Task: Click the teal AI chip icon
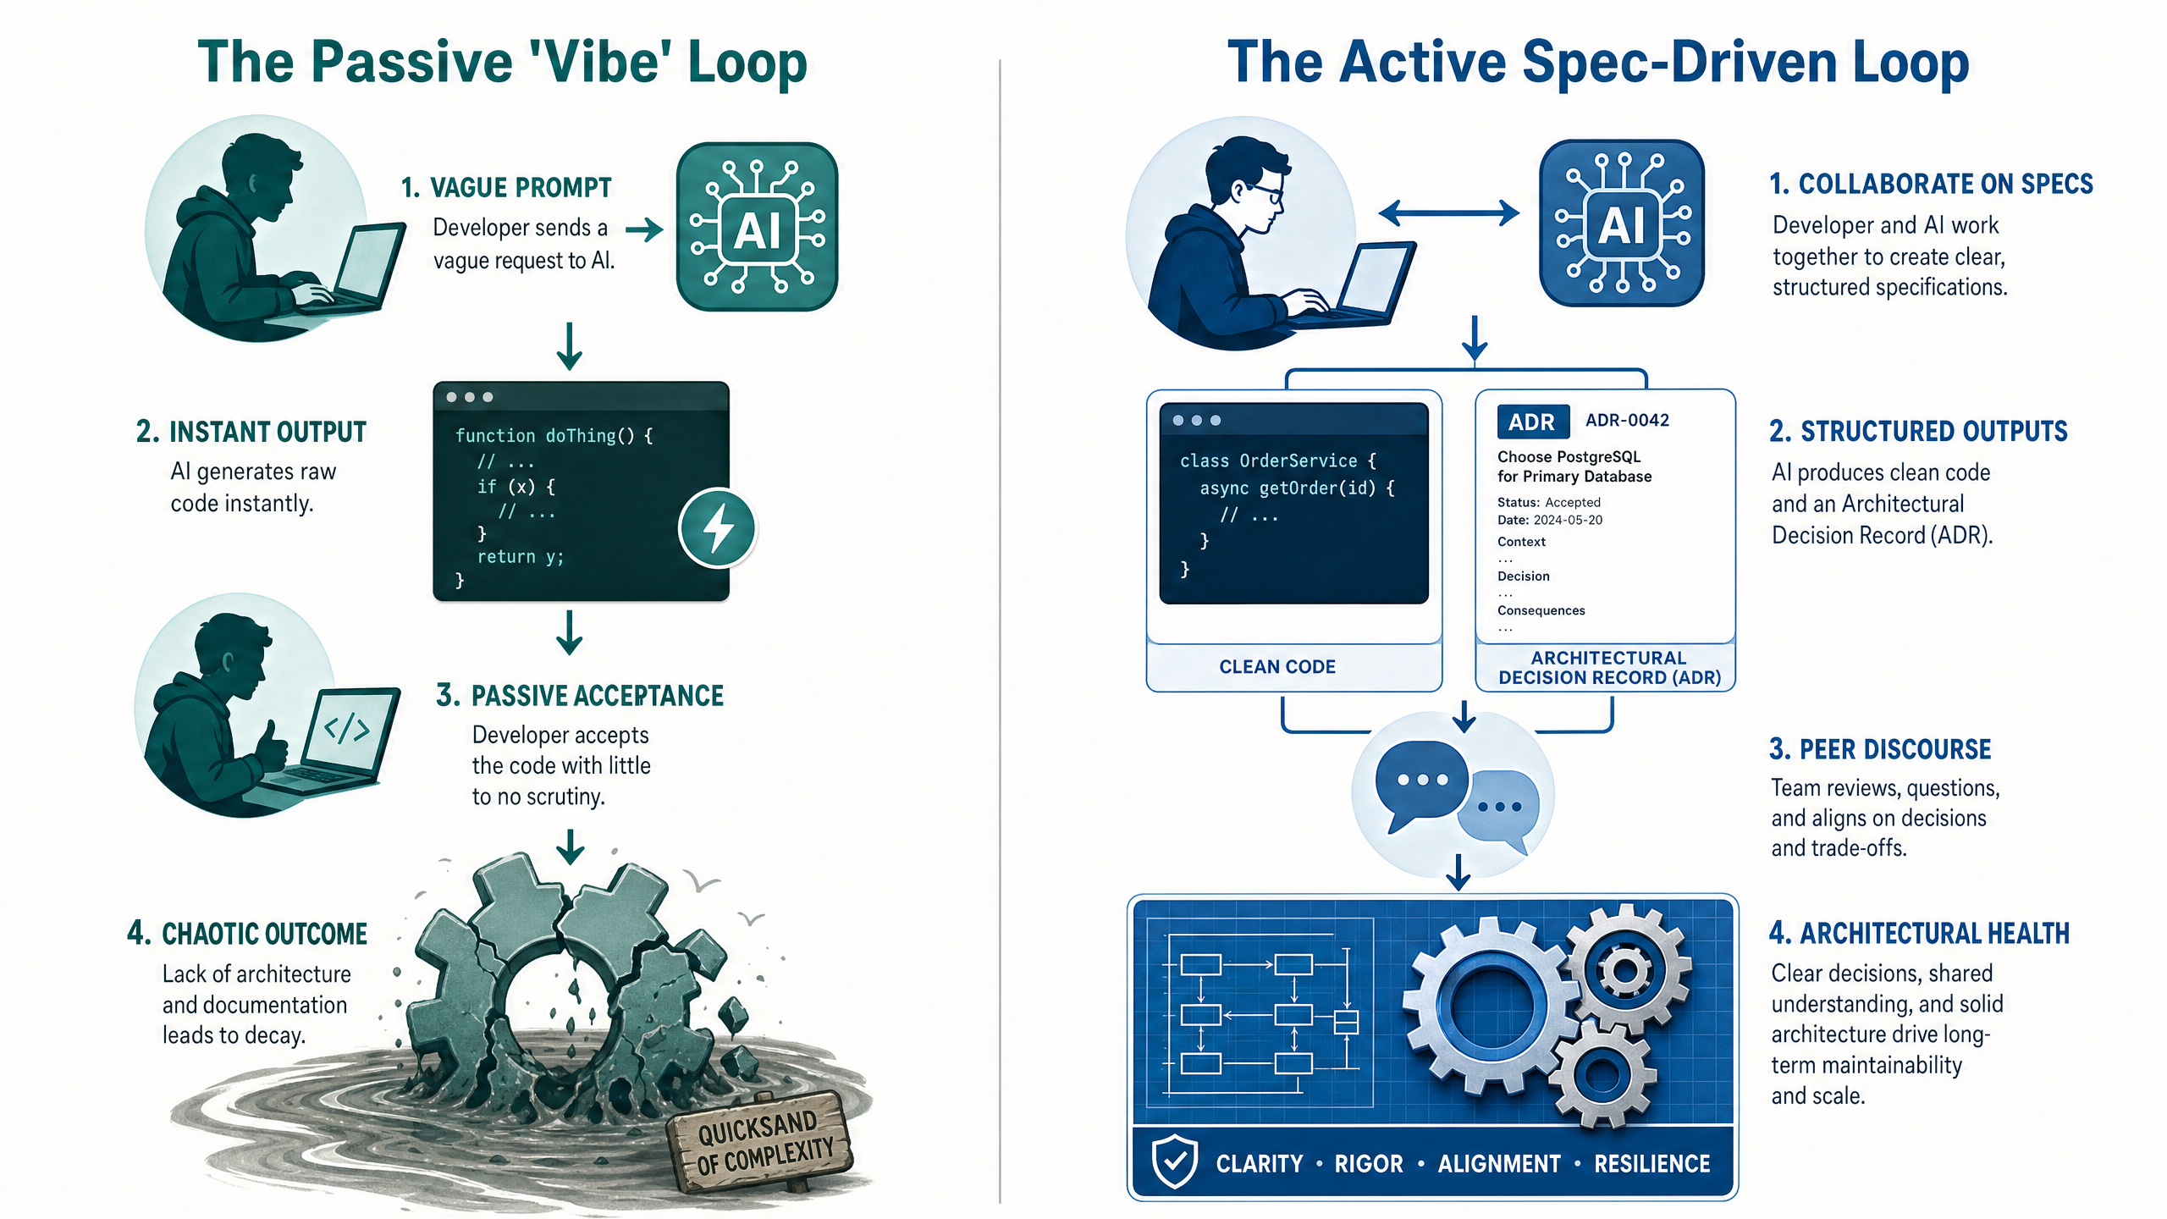(x=757, y=226)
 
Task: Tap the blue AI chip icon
(x=1621, y=223)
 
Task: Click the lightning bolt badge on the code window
(x=718, y=527)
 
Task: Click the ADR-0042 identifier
(x=1627, y=421)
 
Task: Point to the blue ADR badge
(x=1532, y=422)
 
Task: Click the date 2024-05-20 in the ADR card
(x=1568, y=520)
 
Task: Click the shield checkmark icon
(x=1175, y=1162)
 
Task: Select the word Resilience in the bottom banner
(x=1651, y=1164)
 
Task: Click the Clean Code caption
(x=1277, y=667)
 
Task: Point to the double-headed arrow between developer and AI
(x=1449, y=212)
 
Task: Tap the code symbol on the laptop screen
(x=347, y=728)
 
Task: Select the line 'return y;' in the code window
(x=520, y=556)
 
